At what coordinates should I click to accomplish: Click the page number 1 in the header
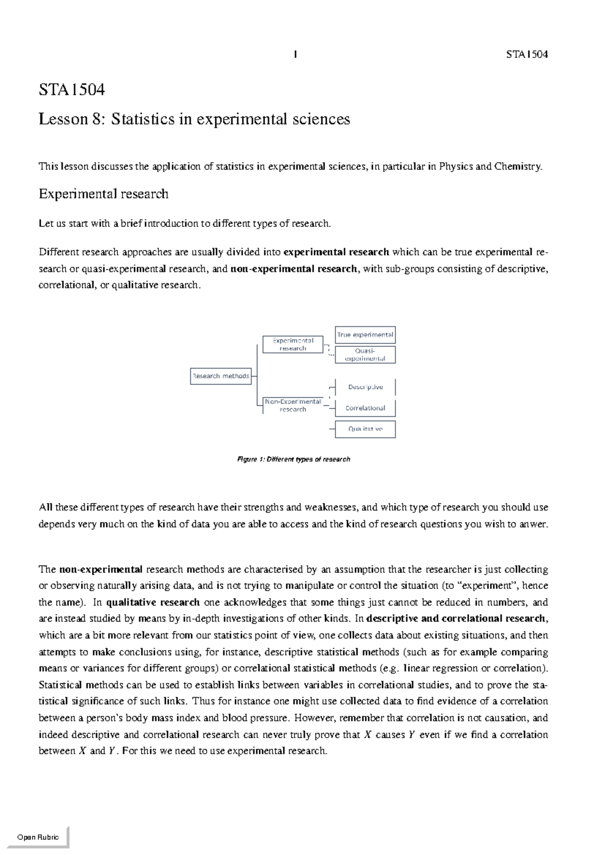click(x=295, y=54)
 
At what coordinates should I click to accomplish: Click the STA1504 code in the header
click(x=527, y=54)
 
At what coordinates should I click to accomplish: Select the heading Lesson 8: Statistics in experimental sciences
click(x=194, y=119)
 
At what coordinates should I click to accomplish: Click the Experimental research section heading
click(x=103, y=194)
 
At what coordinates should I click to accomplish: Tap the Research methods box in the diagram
click(x=221, y=376)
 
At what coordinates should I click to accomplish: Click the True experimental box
click(x=365, y=335)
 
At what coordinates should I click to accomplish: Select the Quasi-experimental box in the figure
click(x=365, y=354)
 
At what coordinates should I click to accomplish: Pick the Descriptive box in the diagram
click(x=365, y=387)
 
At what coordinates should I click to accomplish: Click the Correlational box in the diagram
click(x=365, y=408)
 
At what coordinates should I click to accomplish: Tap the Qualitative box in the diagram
click(x=365, y=429)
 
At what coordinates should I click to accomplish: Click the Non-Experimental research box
click(x=293, y=405)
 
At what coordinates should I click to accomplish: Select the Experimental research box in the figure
click(x=293, y=344)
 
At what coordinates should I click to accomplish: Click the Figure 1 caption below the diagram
click(x=293, y=459)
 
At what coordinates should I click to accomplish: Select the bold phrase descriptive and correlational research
click(x=457, y=619)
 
